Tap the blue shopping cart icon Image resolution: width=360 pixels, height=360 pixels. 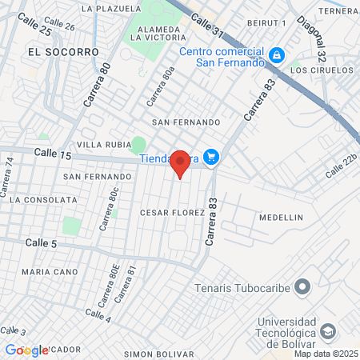[211, 157]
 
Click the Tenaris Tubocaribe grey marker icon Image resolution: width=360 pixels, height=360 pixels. [302, 286]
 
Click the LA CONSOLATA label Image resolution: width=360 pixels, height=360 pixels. [38, 200]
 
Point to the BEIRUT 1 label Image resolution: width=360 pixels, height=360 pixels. [266, 23]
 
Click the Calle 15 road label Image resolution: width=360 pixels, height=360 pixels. [53, 153]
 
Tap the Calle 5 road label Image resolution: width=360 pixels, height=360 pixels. [41, 242]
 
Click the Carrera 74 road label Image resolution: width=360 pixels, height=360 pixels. [9, 177]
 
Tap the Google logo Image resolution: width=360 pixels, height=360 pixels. [26, 350]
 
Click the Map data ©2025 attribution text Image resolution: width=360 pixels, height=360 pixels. [326, 354]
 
